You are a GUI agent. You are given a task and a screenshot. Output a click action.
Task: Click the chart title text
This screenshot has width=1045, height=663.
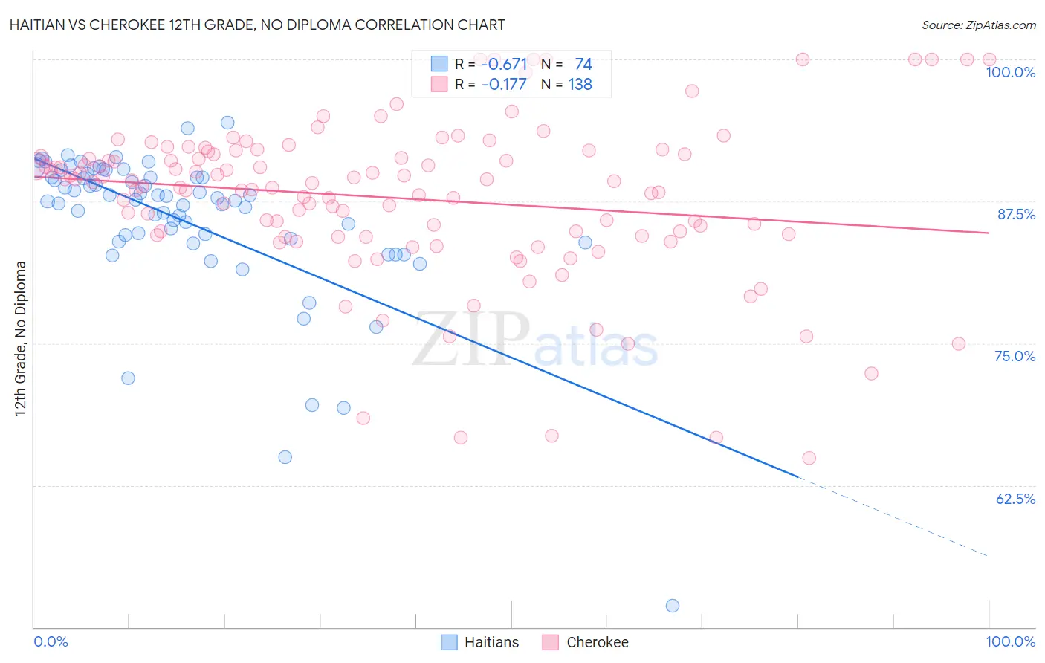coord(257,25)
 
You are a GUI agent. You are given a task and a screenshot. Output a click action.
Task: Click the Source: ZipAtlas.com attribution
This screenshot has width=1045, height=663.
coord(978,25)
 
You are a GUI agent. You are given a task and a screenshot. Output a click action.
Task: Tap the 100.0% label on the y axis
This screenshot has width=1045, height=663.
coord(1010,72)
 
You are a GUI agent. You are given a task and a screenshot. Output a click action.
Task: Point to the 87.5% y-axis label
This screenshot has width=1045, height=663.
coord(1016,214)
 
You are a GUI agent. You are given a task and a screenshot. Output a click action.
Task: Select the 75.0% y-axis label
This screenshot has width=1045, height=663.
coord(1015,356)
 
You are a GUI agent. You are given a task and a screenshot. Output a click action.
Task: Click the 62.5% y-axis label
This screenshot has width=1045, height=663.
coord(1015,499)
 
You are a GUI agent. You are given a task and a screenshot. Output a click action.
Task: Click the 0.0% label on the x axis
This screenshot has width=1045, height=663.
coord(51,641)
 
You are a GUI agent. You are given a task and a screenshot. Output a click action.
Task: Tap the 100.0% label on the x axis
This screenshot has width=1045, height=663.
coord(1010,641)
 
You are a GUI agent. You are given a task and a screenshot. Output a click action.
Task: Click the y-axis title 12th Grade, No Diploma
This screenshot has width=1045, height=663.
coord(21,338)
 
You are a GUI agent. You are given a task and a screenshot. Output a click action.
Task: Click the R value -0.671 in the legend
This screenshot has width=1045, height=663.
coord(504,65)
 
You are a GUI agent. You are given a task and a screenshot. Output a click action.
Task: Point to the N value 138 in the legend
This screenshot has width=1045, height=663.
coord(580,85)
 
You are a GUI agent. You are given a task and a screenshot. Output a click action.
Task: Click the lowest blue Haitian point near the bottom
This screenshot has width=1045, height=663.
coord(673,606)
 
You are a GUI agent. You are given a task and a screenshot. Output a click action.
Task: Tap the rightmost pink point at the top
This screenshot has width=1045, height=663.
coord(989,59)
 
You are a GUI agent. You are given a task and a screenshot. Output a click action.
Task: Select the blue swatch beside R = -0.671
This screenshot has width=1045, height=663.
coord(439,64)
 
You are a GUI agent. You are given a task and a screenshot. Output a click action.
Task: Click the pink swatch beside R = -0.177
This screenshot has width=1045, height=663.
coord(439,84)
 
